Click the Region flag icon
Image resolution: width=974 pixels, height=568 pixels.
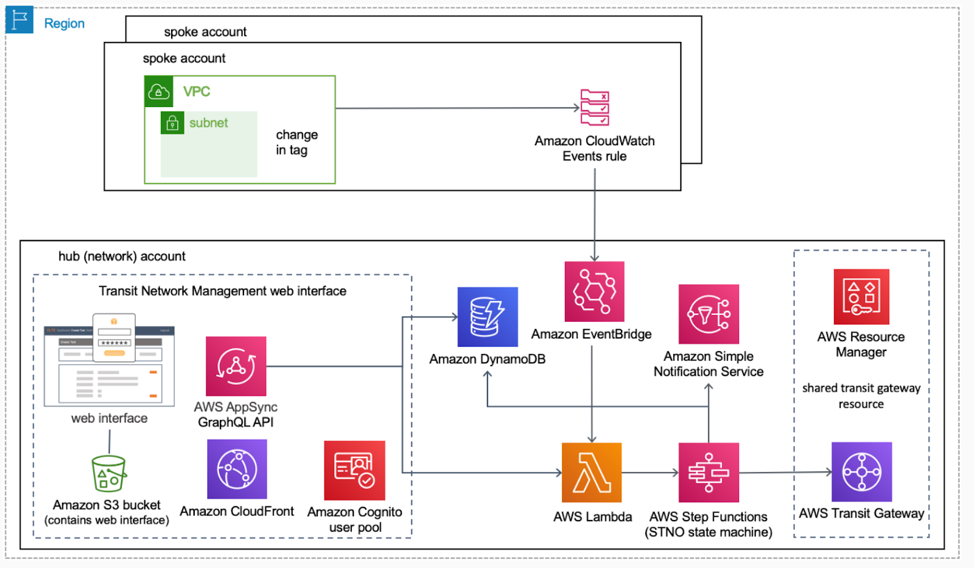(x=19, y=19)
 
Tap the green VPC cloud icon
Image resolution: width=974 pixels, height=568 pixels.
(x=159, y=91)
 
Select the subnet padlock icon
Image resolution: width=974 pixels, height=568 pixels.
(x=172, y=123)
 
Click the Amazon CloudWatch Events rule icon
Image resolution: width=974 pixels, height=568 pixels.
(x=594, y=108)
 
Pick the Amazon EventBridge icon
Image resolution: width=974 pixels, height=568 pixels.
(x=594, y=291)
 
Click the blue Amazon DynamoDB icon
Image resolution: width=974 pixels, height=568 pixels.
(x=488, y=317)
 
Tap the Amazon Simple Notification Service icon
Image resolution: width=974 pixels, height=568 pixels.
(x=709, y=314)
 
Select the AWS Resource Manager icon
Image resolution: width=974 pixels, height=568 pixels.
(x=861, y=297)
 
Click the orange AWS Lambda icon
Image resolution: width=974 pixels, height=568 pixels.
(x=592, y=473)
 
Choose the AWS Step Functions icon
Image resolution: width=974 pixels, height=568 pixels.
(x=709, y=473)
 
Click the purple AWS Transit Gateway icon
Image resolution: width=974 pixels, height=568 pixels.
(x=862, y=472)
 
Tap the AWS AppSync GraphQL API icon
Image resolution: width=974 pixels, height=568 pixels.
(x=236, y=366)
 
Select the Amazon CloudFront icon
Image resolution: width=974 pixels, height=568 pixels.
(x=237, y=469)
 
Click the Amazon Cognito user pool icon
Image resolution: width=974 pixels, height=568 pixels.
(x=354, y=470)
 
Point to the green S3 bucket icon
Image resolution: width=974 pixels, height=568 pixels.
(x=109, y=473)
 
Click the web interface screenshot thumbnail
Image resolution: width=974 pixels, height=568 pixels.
(x=109, y=360)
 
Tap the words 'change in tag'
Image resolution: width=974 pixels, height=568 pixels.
(x=297, y=142)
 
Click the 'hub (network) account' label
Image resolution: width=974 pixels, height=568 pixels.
(x=122, y=256)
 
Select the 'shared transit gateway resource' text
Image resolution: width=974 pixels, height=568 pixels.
(x=861, y=396)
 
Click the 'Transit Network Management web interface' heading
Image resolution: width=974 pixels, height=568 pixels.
(x=223, y=291)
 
